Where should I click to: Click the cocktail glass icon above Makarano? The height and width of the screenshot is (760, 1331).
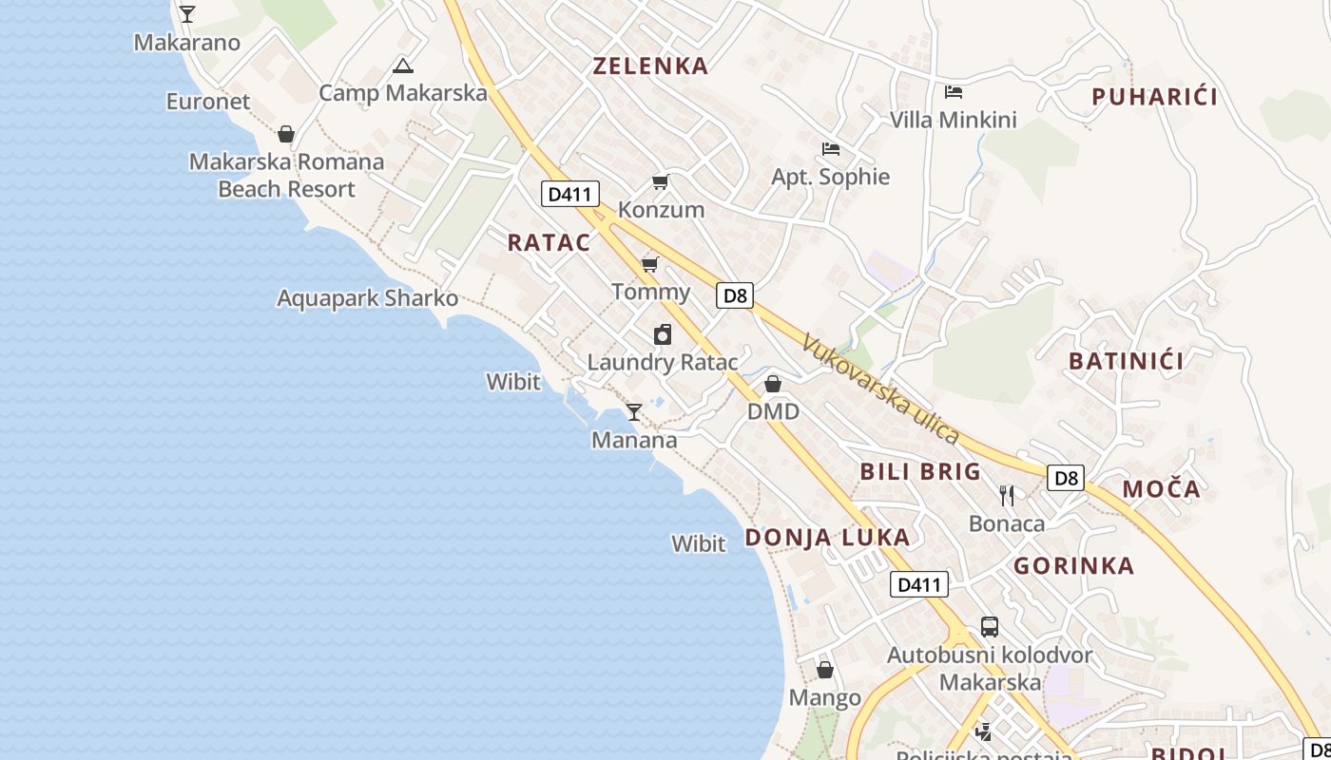click(x=187, y=14)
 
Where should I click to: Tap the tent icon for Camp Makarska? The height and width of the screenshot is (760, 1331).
click(x=403, y=66)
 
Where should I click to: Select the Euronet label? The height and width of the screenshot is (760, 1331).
click(x=208, y=102)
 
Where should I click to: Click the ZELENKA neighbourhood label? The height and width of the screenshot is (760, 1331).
click(x=651, y=66)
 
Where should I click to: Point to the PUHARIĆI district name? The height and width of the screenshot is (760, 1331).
click(x=1155, y=96)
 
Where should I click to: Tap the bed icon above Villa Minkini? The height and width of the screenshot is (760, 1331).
click(x=954, y=92)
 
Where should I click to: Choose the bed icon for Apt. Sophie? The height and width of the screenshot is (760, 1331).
click(x=831, y=149)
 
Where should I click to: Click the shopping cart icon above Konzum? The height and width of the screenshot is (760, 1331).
click(x=661, y=181)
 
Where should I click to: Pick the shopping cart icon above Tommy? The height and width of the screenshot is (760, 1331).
click(x=650, y=263)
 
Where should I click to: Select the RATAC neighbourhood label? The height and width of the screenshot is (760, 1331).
click(x=550, y=242)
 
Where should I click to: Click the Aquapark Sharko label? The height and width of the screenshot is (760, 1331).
click(x=368, y=298)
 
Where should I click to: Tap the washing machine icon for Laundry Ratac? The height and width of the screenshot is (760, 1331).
click(x=663, y=334)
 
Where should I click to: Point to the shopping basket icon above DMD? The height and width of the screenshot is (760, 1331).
click(x=773, y=384)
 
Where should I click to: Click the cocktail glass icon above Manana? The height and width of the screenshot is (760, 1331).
click(x=634, y=412)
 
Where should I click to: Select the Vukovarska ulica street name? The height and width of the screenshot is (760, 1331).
click(x=880, y=389)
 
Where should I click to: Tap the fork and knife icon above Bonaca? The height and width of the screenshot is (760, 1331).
click(x=1008, y=495)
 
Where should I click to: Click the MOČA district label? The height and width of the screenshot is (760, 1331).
click(x=1162, y=489)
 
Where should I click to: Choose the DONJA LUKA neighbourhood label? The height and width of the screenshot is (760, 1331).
click(x=827, y=538)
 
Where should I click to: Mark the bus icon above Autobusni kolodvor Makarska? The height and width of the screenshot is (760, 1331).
click(x=990, y=627)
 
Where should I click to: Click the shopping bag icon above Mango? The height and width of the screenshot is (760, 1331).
click(x=825, y=670)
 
